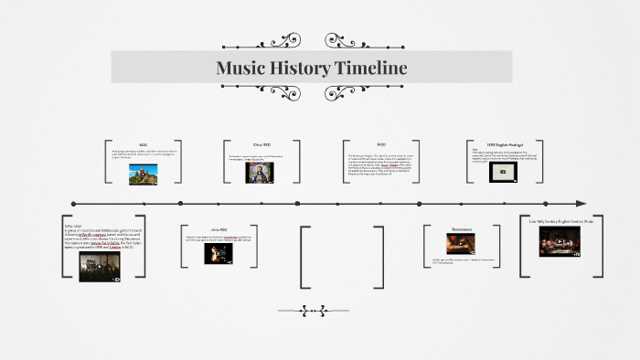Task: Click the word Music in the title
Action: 240,68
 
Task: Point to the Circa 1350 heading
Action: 263,144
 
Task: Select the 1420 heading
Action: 381,144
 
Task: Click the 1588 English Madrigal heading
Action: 502,144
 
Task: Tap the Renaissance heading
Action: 462,228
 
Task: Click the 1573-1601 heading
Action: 73,224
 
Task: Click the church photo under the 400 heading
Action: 144,175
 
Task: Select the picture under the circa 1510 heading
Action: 218,253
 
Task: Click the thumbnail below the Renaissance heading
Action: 461,244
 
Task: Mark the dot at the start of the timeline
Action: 73,203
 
